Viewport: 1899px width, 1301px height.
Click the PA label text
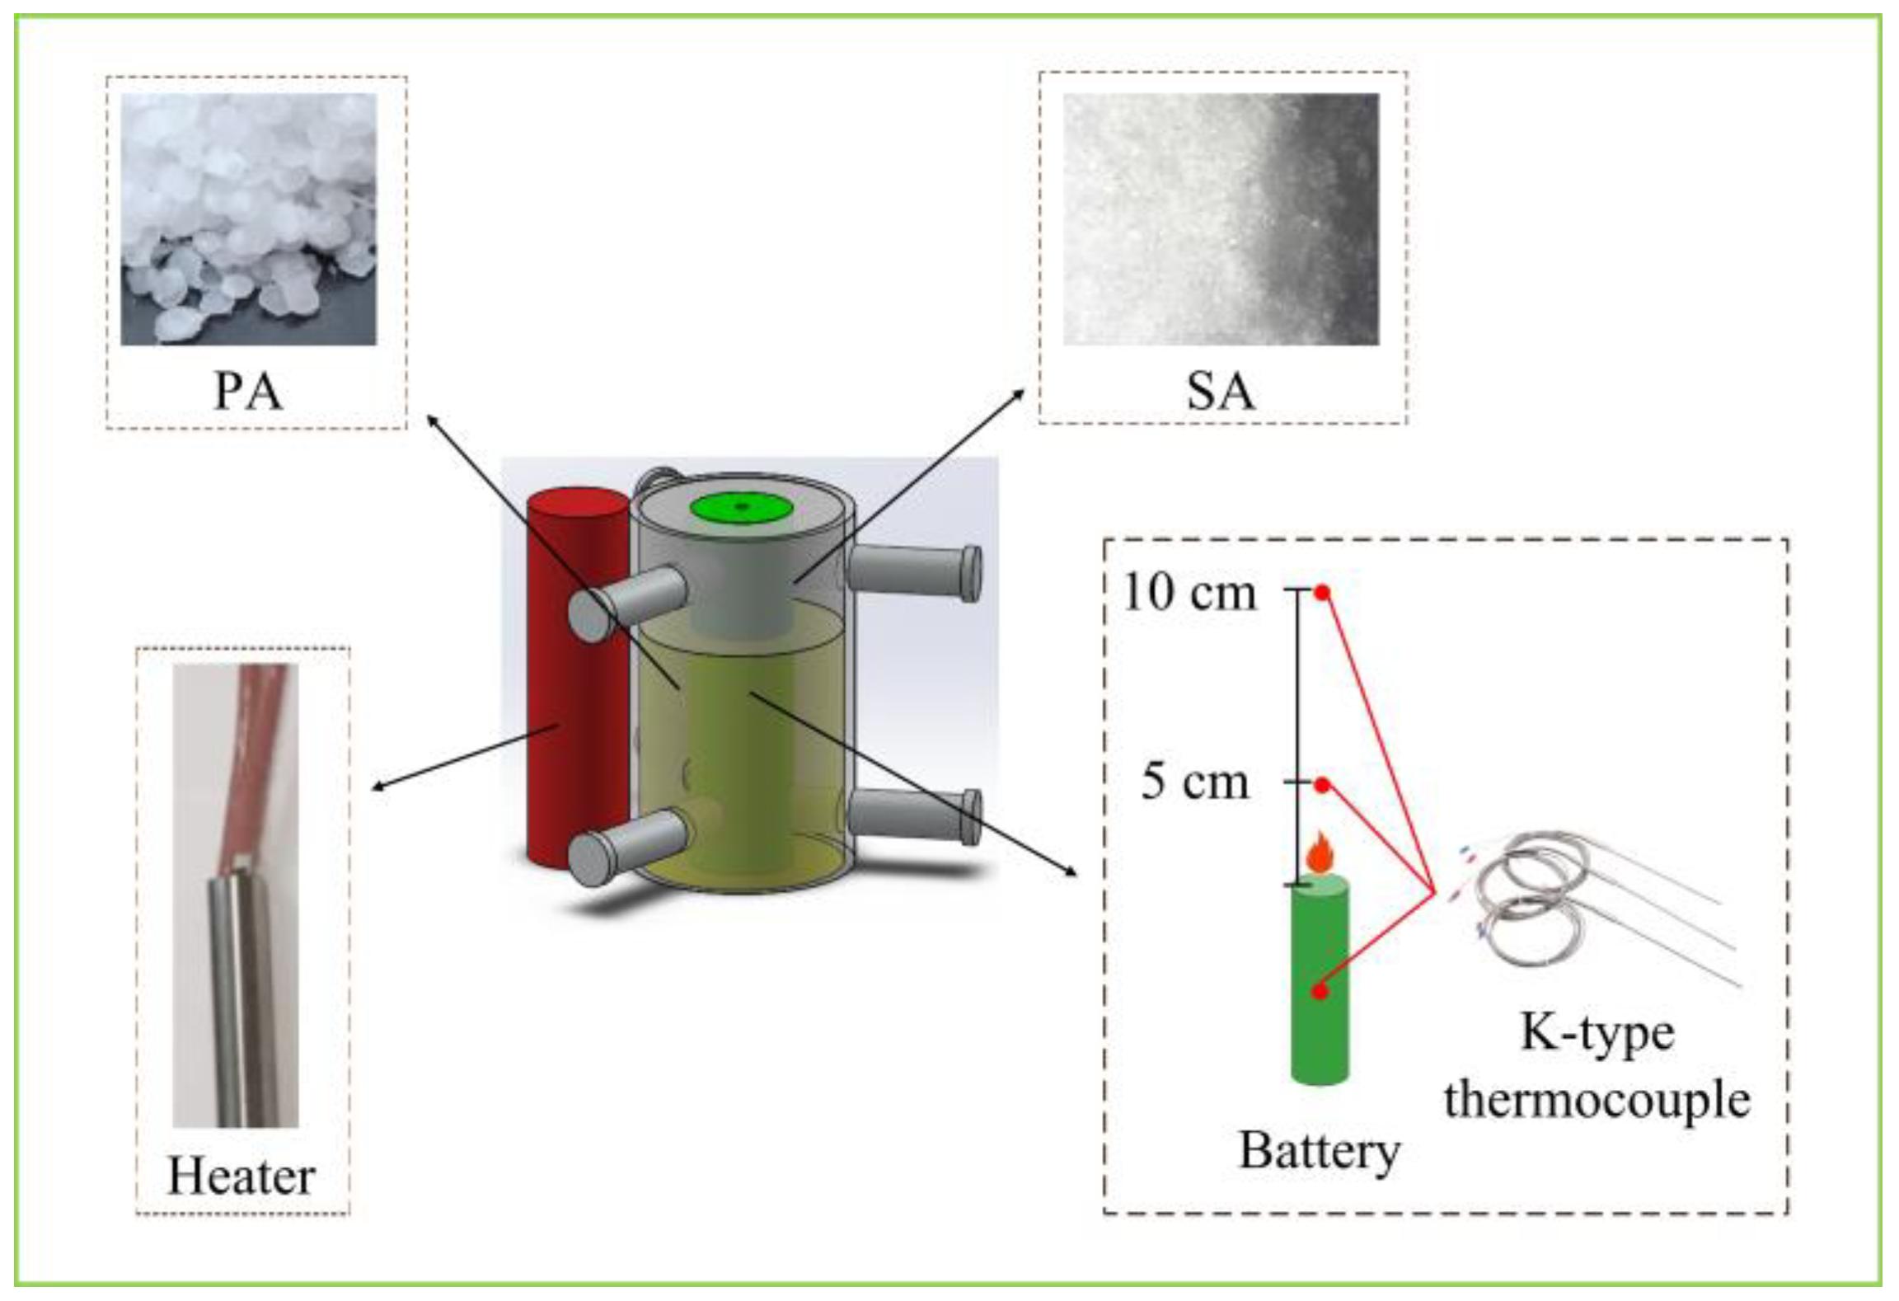248,391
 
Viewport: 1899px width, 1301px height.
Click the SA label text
1221,391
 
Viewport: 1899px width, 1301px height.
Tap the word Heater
241,1176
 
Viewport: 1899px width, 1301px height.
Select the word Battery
1320,1151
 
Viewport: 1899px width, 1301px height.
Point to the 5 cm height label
1195,781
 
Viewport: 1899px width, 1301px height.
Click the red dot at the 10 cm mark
1322,592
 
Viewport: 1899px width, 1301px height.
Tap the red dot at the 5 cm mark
1322,785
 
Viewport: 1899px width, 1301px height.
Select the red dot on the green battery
1320,992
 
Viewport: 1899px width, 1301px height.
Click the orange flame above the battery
1320,854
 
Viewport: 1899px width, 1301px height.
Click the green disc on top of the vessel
741,508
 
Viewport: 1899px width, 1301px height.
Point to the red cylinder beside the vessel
577,701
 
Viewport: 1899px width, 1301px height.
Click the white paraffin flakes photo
248,218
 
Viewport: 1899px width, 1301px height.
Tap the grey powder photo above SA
1221,218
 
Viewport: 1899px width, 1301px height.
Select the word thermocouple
1597,1101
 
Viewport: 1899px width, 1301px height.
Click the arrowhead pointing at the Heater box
378,787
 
